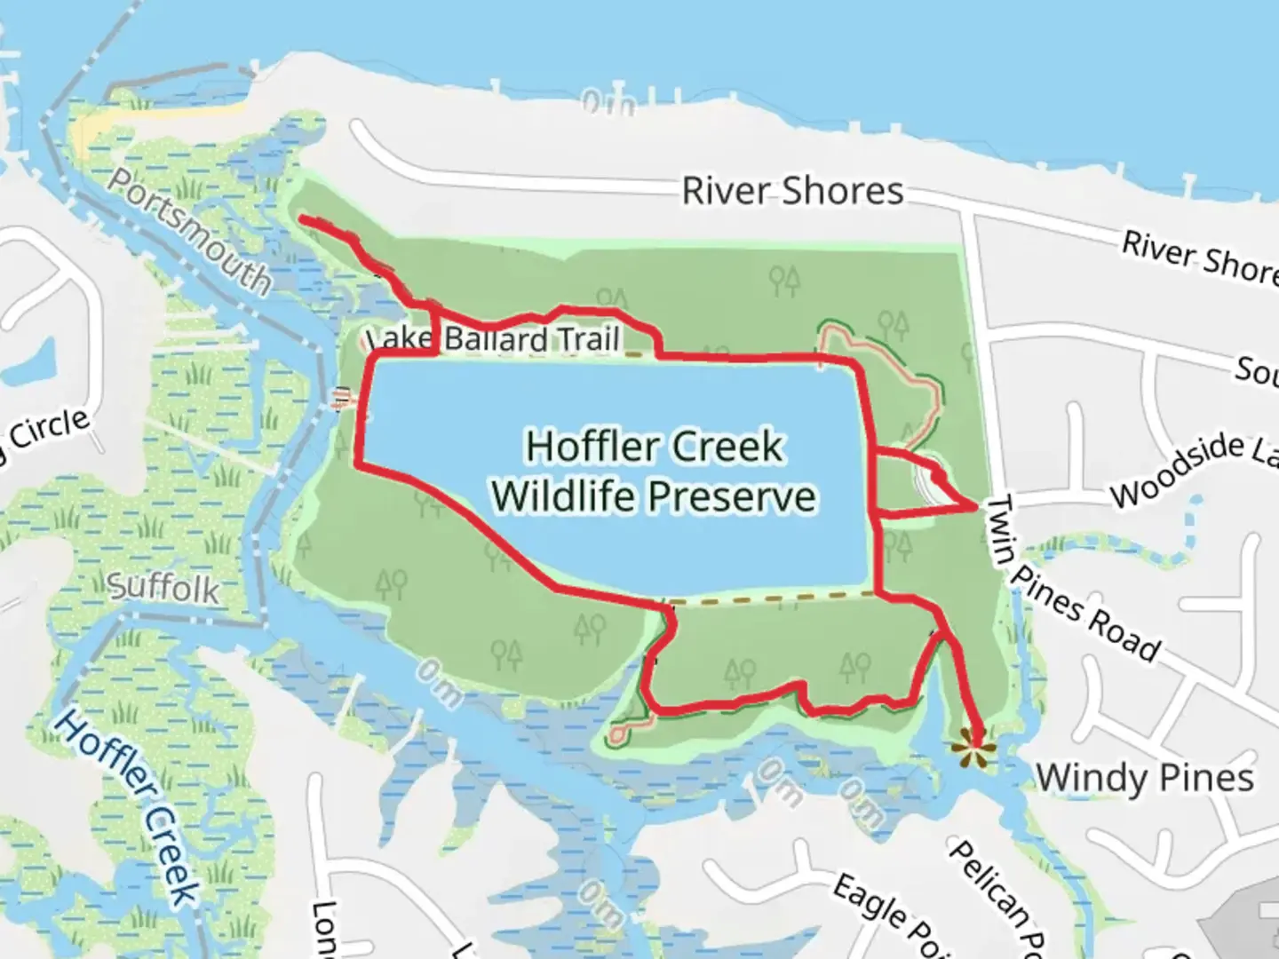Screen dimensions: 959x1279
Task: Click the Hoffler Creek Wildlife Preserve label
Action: (x=654, y=471)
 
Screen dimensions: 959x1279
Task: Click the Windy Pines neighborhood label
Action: (x=1145, y=779)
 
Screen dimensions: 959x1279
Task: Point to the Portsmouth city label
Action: (x=190, y=230)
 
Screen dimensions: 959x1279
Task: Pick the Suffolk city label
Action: (x=163, y=587)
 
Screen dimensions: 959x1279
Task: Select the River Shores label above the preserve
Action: (x=792, y=191)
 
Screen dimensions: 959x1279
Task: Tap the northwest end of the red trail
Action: (x=303, y=218)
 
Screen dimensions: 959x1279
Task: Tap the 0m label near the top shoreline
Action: (x=609, y=104)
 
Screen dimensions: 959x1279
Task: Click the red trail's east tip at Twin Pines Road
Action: (x=976, y=506)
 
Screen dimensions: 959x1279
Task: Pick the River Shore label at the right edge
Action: (x=1199, y=258)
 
